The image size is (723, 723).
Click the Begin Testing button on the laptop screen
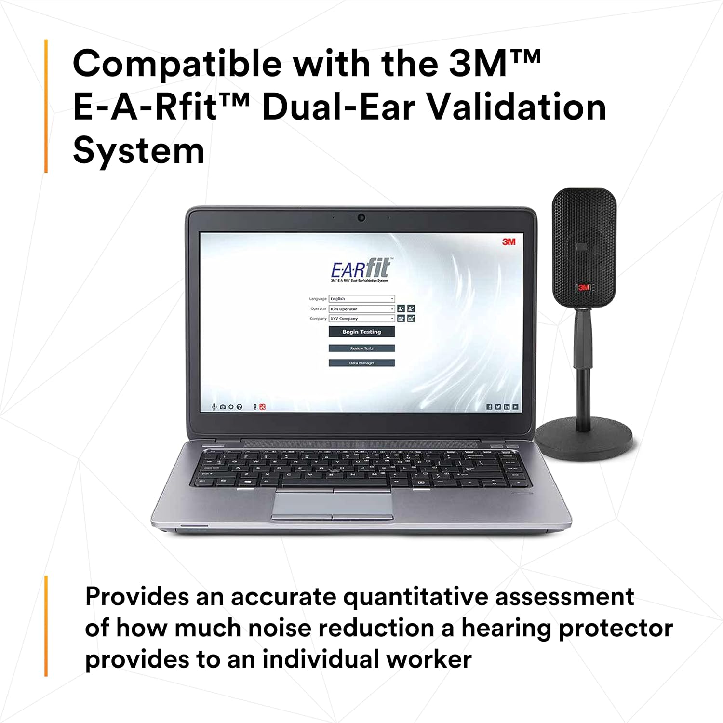pyautogui.click(x=361, y=332)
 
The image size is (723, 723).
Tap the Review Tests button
pyautogui.click(x=361, y=348)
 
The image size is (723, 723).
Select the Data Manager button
pyautogui.click(x=361, y=363)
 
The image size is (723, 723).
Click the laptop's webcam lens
pyautogui.click(x=361, y=218)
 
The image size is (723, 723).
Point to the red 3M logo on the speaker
pyautogui.click(x=584, y=287)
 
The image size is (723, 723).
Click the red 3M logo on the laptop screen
pyautogui.click(x=509, y=241)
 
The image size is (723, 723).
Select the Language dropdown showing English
pyautogui.click(x=361, y=299)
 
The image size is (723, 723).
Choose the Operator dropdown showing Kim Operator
pyautogui.click(x=361, y=309)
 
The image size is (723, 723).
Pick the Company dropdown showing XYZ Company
pyautogui.click(x=361, y=319)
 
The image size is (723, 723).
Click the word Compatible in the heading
pyautogui.click(x=177, y=64)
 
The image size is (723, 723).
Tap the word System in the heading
pyautogui.click(x=139, y=151)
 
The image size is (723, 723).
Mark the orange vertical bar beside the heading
pyautogui.click(x=46, y=106)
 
